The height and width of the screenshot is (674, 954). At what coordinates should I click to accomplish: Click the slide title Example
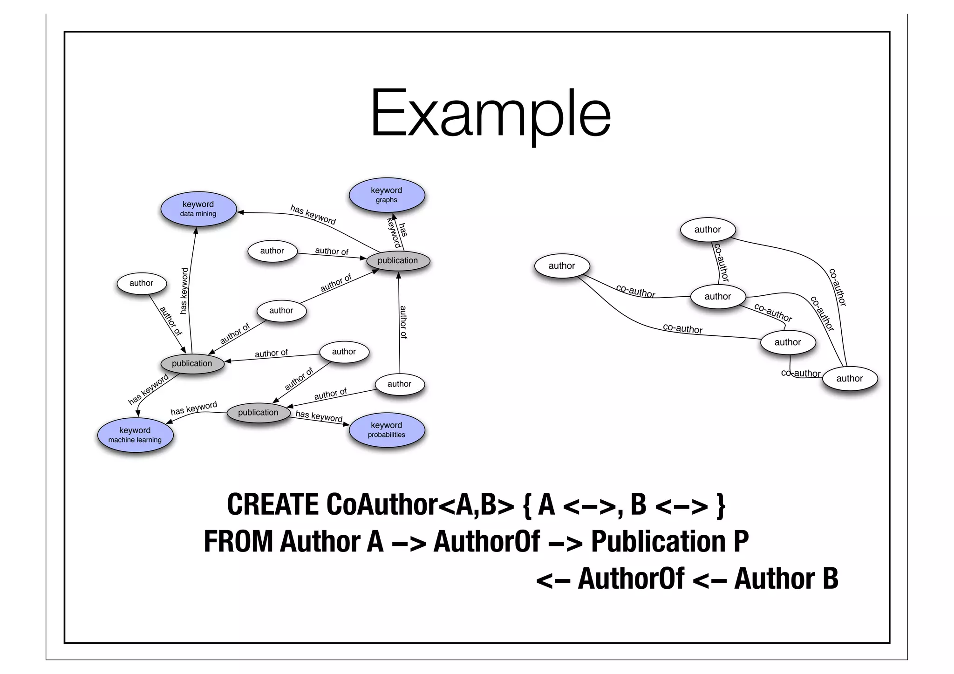(490, 114)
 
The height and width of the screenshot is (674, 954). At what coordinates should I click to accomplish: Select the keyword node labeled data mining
(198, 209)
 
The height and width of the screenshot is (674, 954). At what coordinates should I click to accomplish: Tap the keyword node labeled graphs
(386, 195)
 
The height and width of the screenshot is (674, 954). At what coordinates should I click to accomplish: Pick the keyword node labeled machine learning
(135, 435)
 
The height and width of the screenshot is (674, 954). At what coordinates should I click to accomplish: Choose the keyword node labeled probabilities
(386, 429)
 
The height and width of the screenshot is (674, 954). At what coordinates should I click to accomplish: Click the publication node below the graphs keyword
(397, 260)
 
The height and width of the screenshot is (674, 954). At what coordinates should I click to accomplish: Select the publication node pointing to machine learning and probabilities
(258, 412)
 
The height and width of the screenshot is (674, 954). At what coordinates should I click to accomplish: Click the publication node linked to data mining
(192, 363)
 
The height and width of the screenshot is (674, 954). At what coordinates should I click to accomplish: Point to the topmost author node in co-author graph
(707, 229)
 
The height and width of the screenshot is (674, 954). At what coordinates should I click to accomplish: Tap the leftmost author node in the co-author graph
(562, 266)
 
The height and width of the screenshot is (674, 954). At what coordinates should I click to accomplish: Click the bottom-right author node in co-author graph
(849, 378)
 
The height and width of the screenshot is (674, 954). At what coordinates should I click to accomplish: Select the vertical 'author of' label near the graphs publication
(403, 322)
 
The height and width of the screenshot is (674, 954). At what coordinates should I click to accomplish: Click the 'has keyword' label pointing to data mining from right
(313, 214)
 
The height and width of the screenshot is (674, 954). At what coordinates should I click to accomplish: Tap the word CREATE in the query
(273, 505)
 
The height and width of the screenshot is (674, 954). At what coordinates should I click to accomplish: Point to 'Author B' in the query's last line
(786, 579)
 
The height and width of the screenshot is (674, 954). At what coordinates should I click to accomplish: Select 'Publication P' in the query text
(669, 542)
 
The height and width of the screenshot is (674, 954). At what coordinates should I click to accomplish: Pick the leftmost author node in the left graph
(141, 283)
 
